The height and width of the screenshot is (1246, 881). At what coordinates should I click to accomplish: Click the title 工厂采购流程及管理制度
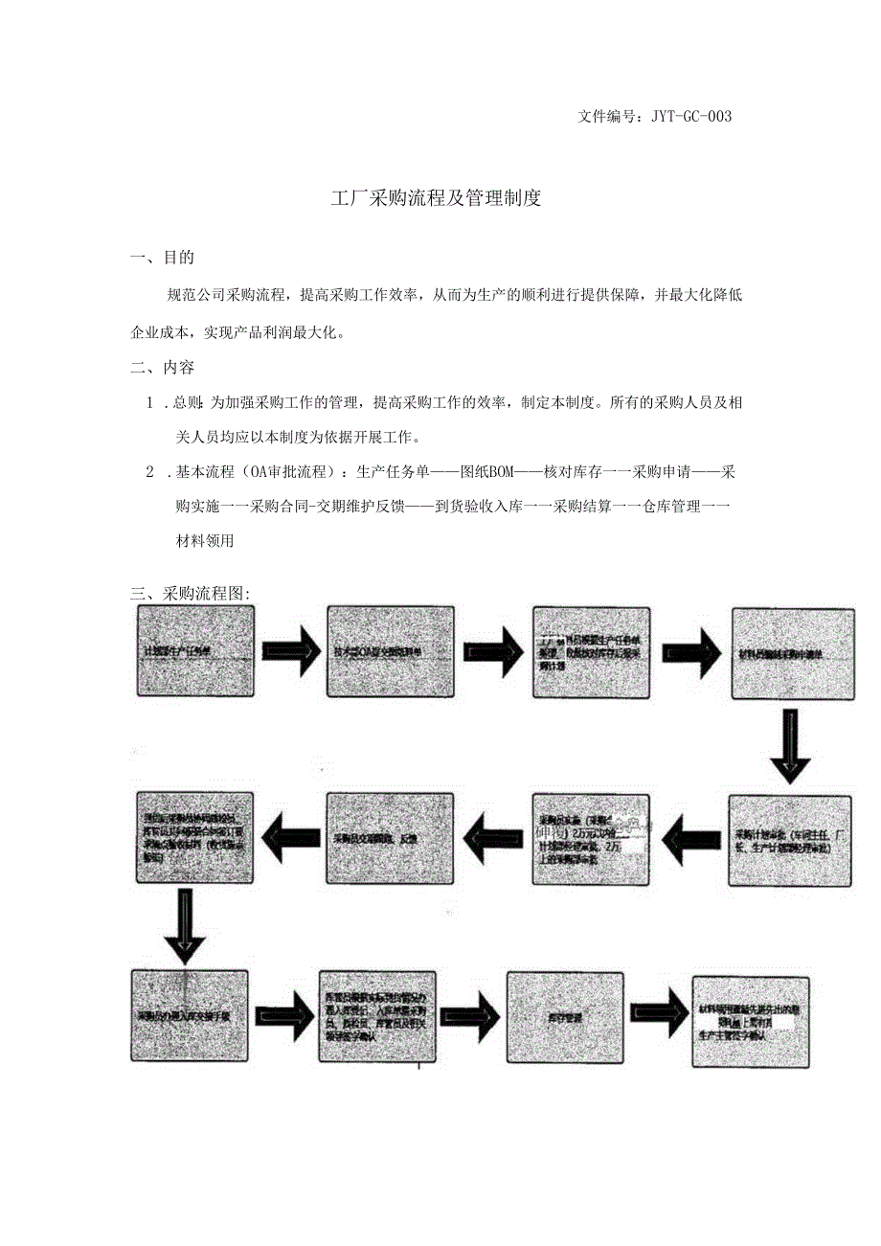(x=436, y=199)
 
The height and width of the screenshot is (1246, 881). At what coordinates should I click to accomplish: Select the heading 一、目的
(x=163, y=258)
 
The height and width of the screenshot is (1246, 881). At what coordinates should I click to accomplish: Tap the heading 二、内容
(x=163, y=367)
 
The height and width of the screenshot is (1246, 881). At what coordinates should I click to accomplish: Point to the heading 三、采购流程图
(x=191, y=593)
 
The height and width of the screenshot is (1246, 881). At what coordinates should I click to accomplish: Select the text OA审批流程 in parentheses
(x=290, y=472)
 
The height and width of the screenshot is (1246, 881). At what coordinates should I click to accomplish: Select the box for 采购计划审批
(x=790, y=840)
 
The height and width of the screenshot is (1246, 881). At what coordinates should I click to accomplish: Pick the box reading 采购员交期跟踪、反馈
(x=387, y=838)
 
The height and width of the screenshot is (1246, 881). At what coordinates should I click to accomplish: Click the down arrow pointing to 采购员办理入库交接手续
(x=185, y=925)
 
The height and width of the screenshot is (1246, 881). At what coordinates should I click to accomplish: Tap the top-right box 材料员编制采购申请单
(x=793, y=653)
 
